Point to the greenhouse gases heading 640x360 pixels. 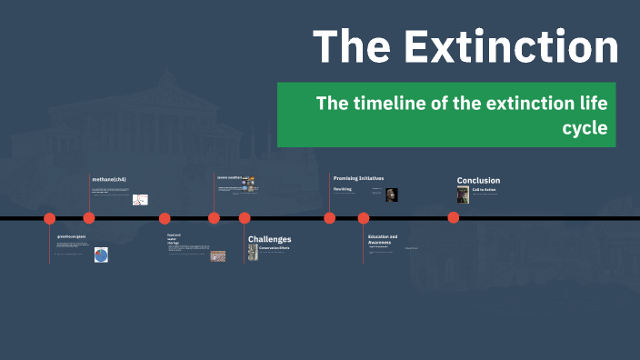click(71, 236)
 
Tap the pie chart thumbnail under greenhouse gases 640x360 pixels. click(101, 255)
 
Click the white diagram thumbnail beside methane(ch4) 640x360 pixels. click(140, 199)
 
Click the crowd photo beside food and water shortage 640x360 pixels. click(218, 256)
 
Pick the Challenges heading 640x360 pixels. click(269, 239)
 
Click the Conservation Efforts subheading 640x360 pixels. click(274, 247)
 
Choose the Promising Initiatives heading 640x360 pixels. click(358, 178)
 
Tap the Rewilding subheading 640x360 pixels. click(342, 189)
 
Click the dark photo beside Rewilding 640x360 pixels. click(392, 195)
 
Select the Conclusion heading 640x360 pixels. click(478, 180)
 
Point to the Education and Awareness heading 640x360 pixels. click(383, 239)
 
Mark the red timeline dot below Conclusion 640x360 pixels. click(453, 217)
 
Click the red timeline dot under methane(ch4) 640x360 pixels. click(89, 217)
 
